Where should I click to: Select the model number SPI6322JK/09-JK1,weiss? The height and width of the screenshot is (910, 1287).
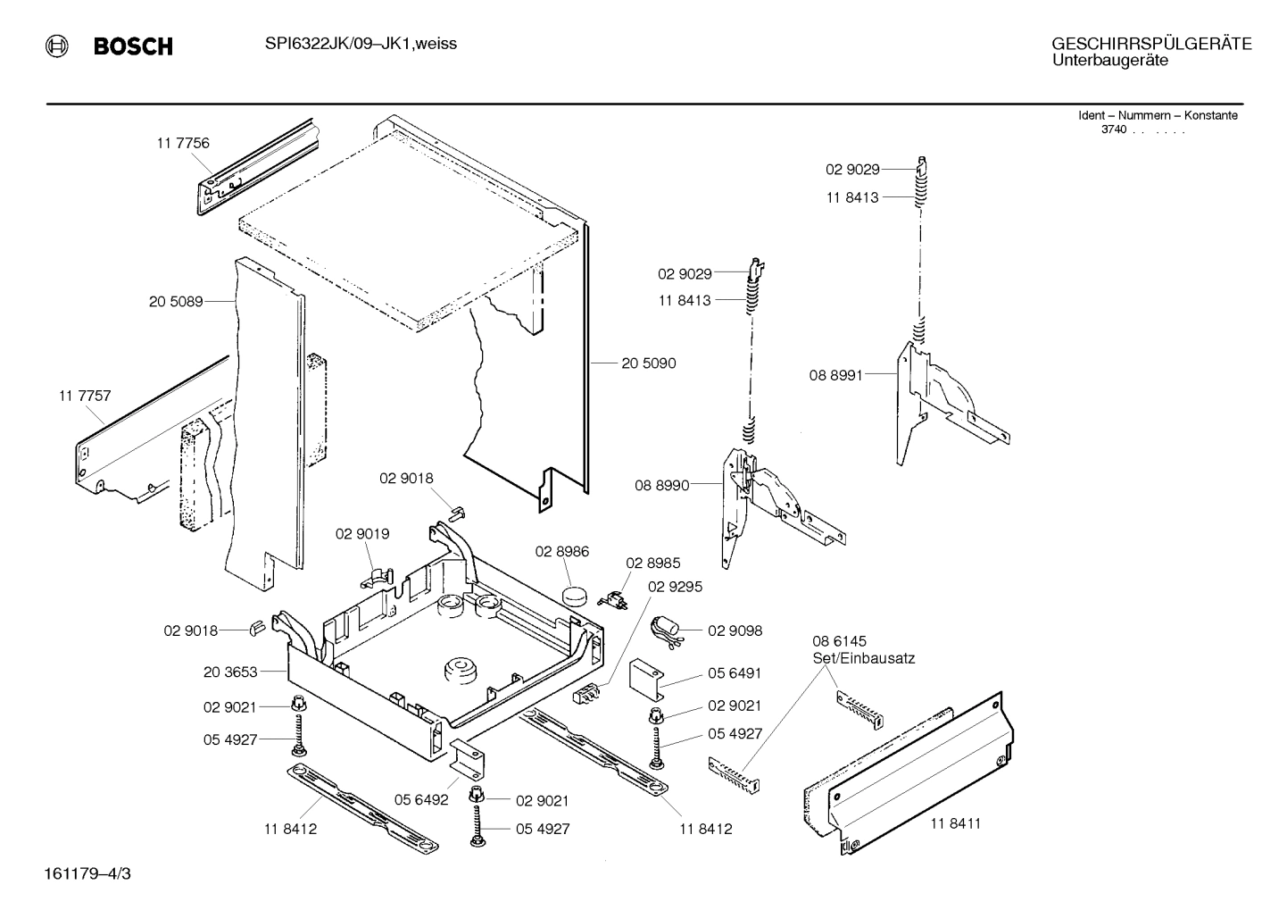point(361,44)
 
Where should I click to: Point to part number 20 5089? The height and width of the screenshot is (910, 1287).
point(175,302)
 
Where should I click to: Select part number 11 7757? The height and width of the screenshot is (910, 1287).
point(85,396)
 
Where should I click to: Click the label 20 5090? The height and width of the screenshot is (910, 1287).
point(648,363)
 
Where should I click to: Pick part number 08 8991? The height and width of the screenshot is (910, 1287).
point(835,376)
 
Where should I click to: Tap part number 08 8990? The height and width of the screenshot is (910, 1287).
point(661,486)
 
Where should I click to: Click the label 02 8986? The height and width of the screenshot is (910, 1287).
point(561,552)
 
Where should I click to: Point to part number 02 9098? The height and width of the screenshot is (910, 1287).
point(735,630)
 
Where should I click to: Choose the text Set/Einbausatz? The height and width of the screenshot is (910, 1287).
point(863,658)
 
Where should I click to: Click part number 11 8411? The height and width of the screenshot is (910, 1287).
point(955,823)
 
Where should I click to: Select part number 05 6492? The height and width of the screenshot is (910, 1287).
point(420,800)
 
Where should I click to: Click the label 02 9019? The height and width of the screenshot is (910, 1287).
point(361,534)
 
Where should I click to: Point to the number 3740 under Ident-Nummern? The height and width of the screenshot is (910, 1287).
point(1113,129)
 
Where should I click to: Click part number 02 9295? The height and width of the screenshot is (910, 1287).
point(675,587)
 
